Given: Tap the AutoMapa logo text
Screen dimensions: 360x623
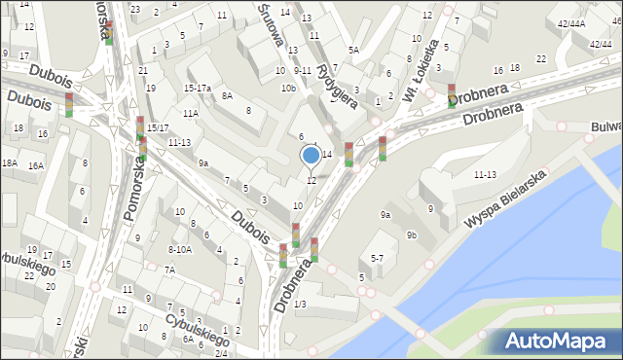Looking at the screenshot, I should click(558, 342).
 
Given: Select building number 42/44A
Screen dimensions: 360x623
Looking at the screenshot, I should click(570, 23).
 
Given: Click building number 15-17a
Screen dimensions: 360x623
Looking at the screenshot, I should click(198, 88).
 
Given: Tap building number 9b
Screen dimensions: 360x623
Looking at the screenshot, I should click(412, 234).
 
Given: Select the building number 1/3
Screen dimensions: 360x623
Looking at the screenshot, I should click(300, 306).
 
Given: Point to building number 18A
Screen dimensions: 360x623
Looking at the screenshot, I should click(9, 163).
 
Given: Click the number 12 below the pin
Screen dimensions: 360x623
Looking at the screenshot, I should click(311, 181).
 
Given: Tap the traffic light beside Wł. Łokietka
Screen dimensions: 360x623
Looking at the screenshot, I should click(451, 94).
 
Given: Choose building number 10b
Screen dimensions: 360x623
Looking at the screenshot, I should click(288, 89).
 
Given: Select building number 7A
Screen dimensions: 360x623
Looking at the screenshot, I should click(168, 270).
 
